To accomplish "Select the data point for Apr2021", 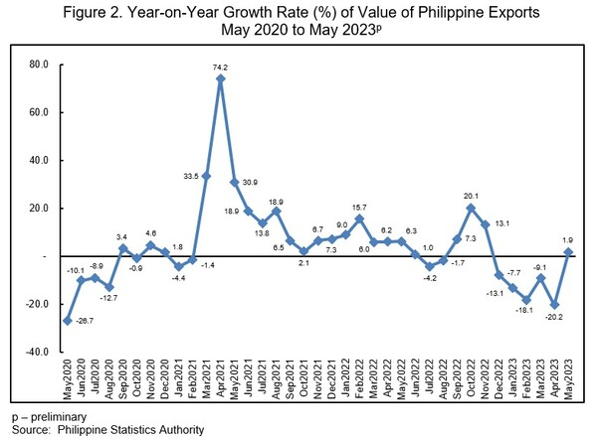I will coord(221,78).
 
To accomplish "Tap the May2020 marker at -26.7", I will coord(67,320).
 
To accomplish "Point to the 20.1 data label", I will coord(473,197).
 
